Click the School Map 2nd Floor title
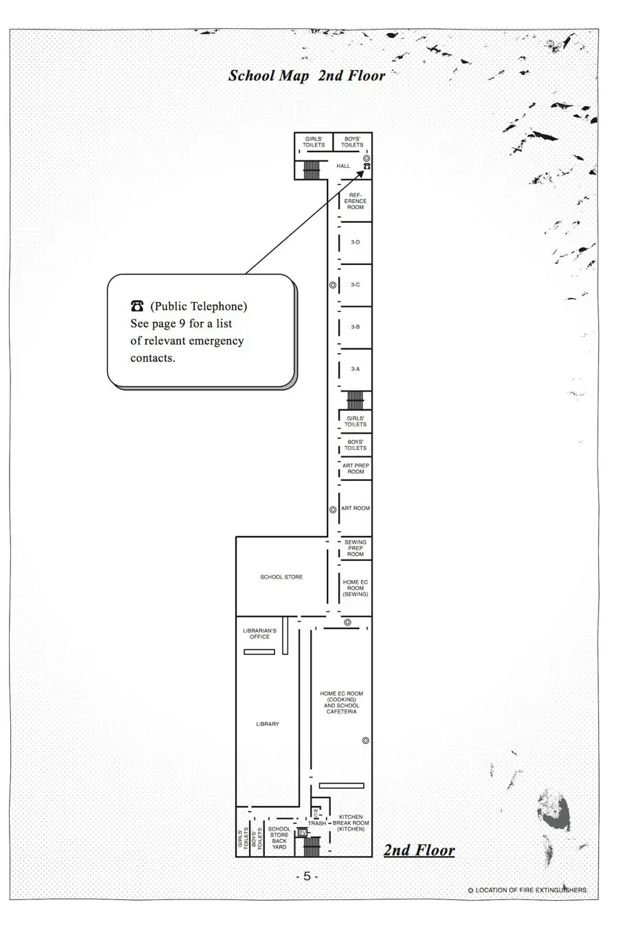307,76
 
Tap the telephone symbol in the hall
367,167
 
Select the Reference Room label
356,201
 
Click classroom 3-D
356,242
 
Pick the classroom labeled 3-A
356,369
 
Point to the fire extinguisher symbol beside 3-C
332,285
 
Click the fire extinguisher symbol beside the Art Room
332,509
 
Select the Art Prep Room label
356,469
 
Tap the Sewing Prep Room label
356,548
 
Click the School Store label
281,577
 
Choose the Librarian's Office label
259,634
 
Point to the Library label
268,724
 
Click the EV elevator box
302,833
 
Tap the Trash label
317,823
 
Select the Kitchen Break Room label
351,823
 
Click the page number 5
307,876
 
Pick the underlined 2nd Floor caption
419,850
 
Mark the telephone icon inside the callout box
137,306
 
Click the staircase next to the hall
312,170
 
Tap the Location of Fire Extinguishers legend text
528,890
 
